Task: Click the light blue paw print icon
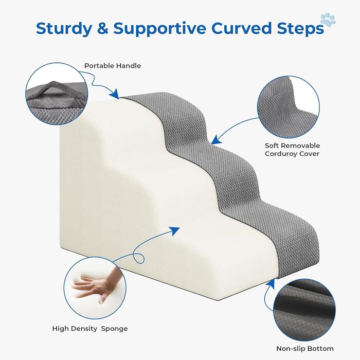point(328,20)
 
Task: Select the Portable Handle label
point(113,66)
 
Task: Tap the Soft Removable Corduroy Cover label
point(292,150)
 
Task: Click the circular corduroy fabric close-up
point(289,107)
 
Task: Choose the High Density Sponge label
point(90,329)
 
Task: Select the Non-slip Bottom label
point(305,349)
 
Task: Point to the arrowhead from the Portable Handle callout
point(115,94)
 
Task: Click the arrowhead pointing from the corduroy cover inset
point(216,140)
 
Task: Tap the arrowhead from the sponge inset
point(175,230)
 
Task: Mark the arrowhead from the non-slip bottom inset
point(271,283)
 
